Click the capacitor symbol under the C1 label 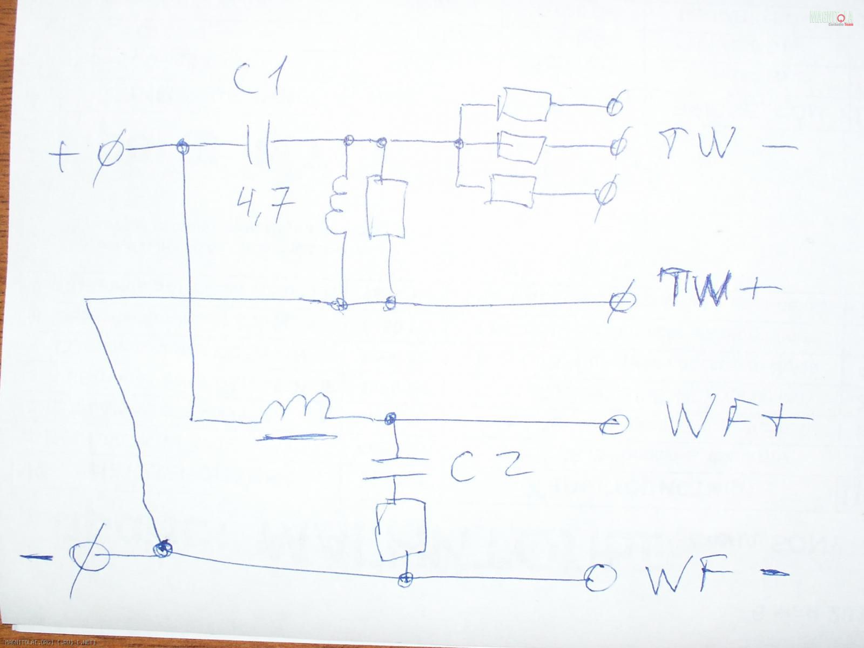pos(260,143)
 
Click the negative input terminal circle pos(89,556)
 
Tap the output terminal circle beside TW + pos(619,301)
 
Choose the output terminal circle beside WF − pos(600,578)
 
